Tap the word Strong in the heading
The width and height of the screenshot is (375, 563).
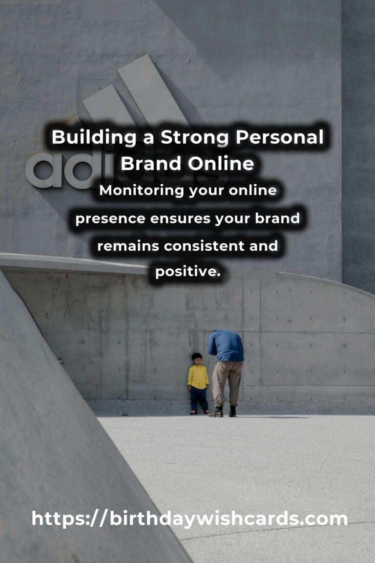195,138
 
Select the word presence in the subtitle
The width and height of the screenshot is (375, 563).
110,218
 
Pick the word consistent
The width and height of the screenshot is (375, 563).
204,245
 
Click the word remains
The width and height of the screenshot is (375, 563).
128,245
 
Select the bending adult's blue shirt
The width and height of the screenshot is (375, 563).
226,346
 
